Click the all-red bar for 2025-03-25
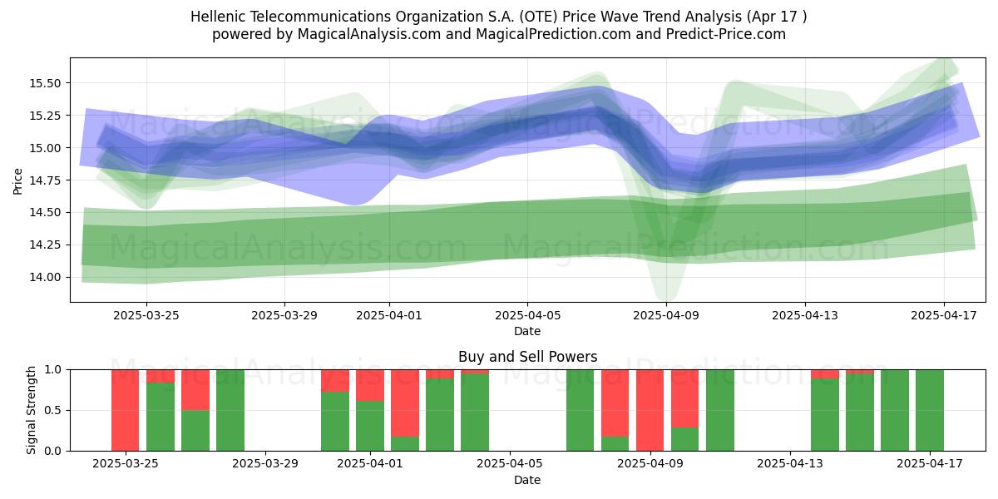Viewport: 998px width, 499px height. [x=126, y=410]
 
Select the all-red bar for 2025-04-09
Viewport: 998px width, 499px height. [x=650, y=410]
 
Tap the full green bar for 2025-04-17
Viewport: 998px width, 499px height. [x=930, y=410]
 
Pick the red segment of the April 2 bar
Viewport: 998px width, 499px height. [x=405, y=403]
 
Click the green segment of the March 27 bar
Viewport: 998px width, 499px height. [x=195, y=431]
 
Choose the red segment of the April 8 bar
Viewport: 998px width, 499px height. [x=615, y=403]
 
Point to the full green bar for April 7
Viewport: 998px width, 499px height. [x=581, y=410]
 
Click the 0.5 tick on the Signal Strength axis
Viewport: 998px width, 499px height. [x=52, y=410]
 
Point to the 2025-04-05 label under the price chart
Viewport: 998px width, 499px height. [x=527, y=315]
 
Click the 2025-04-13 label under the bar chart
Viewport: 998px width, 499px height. [x=790, y=464]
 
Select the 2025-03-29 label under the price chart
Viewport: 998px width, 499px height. [x=284, y=315]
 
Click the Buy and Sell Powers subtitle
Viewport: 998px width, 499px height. [x=527, y=357]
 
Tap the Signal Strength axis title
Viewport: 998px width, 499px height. [x=31, y=410]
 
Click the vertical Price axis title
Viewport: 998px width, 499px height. [x=17, y=181]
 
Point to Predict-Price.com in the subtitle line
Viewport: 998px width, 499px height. [x=726, y=34]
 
